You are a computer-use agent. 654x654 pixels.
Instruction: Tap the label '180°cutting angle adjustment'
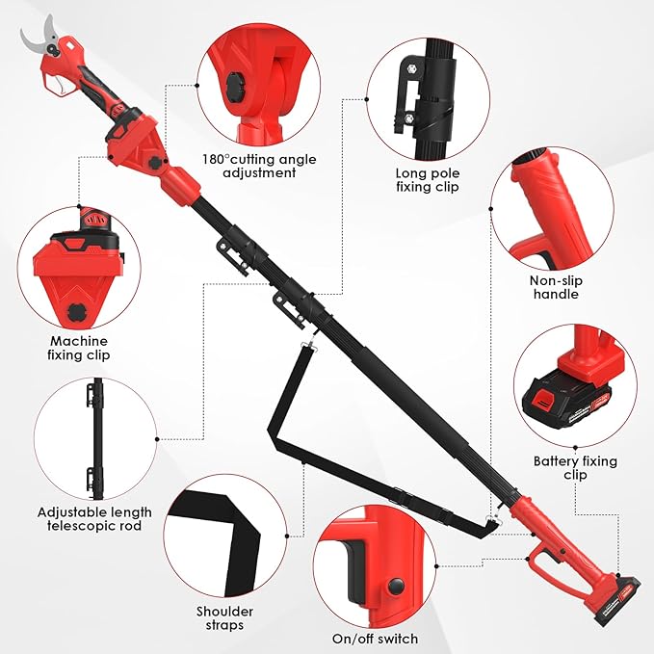point(259,166)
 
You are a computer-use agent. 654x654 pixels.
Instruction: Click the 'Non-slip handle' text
point(555,287)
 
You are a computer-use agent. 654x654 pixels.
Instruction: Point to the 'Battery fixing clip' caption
point(575,468)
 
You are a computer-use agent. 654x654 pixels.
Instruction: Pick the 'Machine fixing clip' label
point(79,348)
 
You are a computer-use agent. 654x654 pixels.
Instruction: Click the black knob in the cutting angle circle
point(234,88)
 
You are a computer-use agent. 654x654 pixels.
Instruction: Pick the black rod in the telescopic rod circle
point(96,433)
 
